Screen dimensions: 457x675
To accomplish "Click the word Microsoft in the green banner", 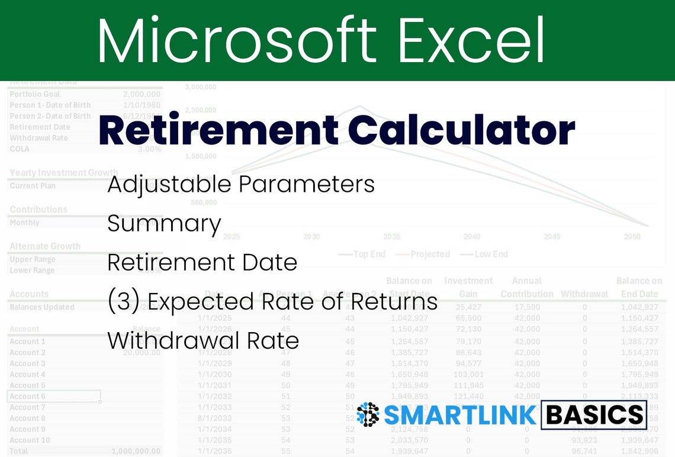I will click(x=237, y=40).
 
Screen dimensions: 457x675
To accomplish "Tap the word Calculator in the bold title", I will click(x=462, y=131).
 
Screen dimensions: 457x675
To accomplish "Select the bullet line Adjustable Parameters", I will click(x=241, y=185).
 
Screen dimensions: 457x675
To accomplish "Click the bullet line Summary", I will click(x=164, y=224).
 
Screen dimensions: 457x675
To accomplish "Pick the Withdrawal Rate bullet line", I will click(x=203, y=341).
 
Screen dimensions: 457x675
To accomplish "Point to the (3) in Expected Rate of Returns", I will click(x=123, y=302).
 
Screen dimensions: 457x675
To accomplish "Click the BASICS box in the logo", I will click(x=594, y=415).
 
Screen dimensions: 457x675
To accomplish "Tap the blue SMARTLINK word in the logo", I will click(x=461, y=415).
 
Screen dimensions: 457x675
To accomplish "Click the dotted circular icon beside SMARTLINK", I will click(x=368, y=415).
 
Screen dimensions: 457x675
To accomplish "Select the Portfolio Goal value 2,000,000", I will click(x=142, y=94).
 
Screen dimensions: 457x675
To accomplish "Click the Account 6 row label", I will click(x=27, y=397).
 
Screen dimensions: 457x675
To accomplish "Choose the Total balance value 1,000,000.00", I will click(x=136, y=451).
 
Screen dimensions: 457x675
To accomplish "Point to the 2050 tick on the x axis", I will click(x=632, y=237).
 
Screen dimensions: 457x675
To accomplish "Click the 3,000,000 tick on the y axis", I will click(x=200, y=87).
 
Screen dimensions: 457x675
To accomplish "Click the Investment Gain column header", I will click(x=468, y=287).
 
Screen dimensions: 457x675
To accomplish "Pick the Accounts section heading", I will click(x=29, y=294).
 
